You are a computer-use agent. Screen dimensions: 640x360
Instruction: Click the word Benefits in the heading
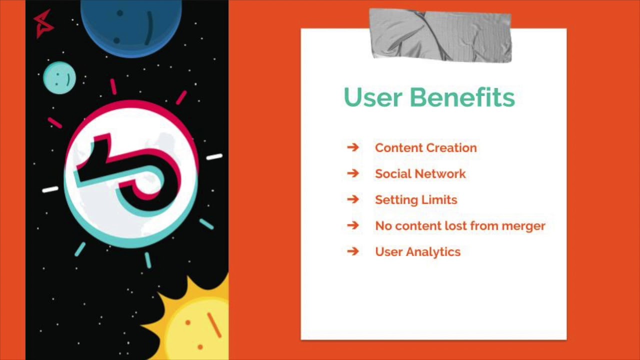tap(462, 97)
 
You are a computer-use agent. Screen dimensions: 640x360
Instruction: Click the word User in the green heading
tap(373, 97)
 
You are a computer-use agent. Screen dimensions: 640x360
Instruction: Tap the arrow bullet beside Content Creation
tap(353, 147)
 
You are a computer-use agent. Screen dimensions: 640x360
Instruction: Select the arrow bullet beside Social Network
tap(353, 173)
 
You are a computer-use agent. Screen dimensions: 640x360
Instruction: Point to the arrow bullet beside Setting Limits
tap(353, 199)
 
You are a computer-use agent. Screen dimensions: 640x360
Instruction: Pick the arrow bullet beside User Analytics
tap(353, 251)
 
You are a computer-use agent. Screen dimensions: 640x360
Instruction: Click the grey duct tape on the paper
tap(440, 35)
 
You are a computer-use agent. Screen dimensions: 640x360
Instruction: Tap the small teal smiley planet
tap(59, 77)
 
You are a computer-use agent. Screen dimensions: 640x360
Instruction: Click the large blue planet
tap(131, 25)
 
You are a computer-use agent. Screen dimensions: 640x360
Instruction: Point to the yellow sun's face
tap(200, 328)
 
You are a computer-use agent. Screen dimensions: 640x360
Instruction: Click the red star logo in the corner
tap(43, 24)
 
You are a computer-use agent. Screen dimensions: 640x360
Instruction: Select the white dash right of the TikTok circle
tap(214, 156)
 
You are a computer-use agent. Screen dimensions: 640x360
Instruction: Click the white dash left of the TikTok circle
tap(50, 189)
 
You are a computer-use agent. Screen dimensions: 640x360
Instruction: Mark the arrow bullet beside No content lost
tap(353, 225)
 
